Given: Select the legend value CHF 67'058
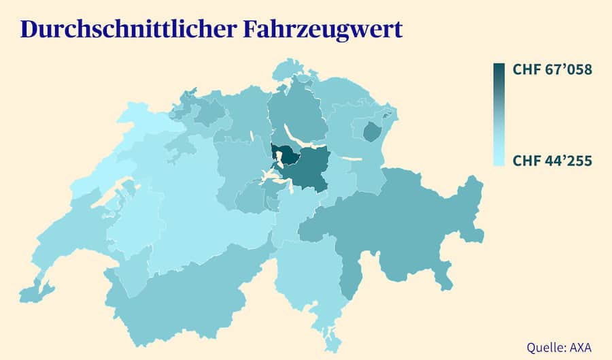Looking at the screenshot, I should pyautogui.click(x=552, y=70).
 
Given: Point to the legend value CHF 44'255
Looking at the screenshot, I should pyautogui.click(x=552, y=161).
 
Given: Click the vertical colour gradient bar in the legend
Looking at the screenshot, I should pyautogui.click(x=499, y=114).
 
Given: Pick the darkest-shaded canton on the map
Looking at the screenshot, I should pyautogui.click(x=288, y=155).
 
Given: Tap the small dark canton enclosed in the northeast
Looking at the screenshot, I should pyautogui.click(x=371, y=131).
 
